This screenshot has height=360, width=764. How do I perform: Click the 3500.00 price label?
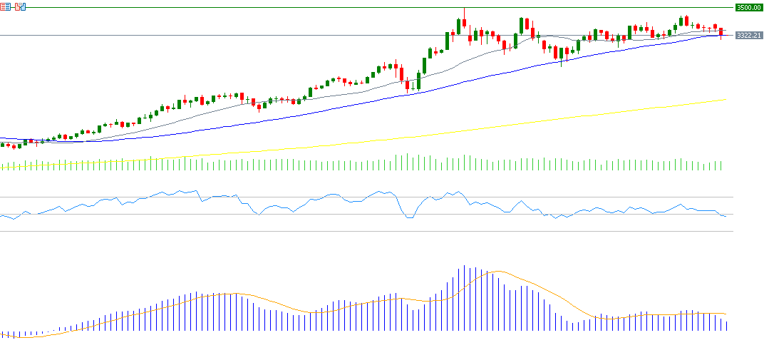coord(748,7)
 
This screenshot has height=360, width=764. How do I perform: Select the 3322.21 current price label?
coord(748,35)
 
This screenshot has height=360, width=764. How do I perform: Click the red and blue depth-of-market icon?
coord(20,7)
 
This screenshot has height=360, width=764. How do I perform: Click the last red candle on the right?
coord(721,32)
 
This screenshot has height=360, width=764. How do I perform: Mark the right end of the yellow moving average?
coord(725,101)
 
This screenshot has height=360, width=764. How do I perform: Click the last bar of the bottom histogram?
coord(726,325)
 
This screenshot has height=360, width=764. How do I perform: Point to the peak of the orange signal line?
coord(497,271)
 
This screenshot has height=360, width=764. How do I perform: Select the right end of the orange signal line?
coord(726,314)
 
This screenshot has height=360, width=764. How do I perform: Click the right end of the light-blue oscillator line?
coord(726,216)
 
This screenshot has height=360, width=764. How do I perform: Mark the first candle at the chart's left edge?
coord(2,145)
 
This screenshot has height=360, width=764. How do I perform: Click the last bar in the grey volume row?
coord(721,165)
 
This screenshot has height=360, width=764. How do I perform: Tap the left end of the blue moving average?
coord(1,138)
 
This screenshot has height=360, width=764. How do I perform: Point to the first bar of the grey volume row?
coord(2,166)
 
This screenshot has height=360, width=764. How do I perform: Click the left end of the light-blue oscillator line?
coord(1,215)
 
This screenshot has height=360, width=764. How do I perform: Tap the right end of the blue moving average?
coord(725,35)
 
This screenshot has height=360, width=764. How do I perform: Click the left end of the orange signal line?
coord(1,336)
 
